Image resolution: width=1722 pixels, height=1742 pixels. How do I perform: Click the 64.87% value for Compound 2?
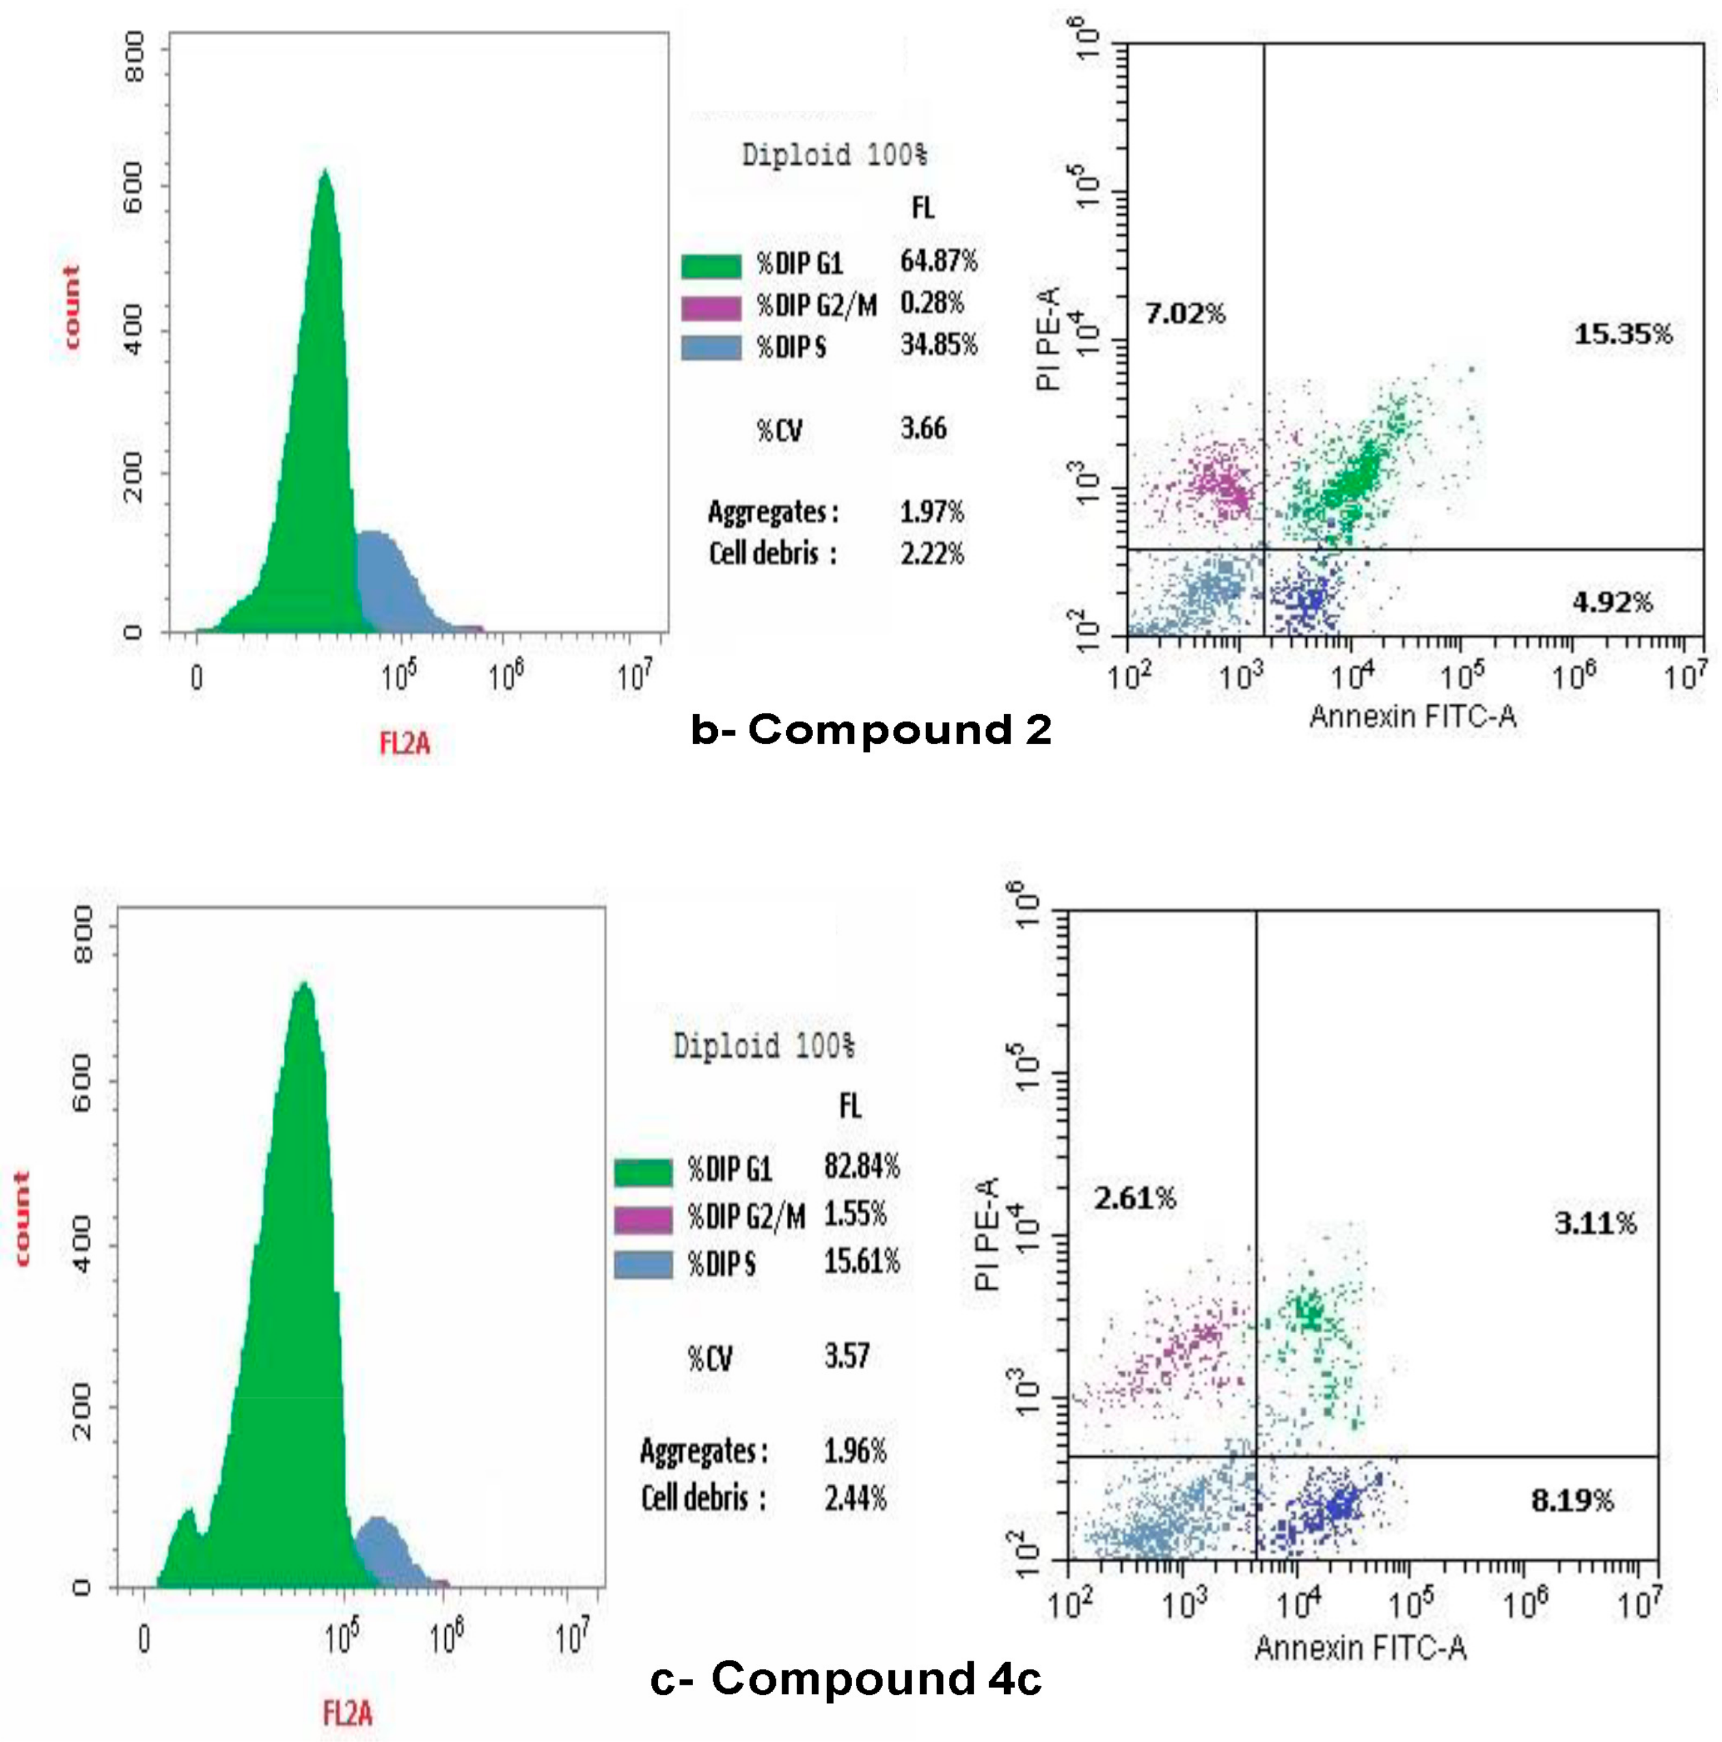click(938, 262)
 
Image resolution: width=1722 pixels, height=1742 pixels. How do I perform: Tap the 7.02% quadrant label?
click(1184, 314)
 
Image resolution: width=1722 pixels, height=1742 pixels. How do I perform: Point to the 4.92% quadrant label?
click(1612, 601)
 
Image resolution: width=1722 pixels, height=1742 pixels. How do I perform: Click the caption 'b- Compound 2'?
click(871, 730)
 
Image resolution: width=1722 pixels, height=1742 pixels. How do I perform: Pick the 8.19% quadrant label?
click(1572, 1500)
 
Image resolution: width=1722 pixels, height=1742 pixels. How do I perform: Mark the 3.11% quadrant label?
click(1594, 1224)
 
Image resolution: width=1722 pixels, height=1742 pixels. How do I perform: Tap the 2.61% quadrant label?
click(1134, 1198)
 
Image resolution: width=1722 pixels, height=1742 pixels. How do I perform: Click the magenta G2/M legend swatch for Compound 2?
click(711, 307)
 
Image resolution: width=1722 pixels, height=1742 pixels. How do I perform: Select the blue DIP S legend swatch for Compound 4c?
click(643, 1264)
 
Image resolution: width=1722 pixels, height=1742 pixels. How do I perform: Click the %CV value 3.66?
click(923, 428)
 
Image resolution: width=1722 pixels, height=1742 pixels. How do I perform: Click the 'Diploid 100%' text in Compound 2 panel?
click(834, 155)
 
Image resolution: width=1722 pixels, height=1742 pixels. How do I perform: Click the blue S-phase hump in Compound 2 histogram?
click(383, 577)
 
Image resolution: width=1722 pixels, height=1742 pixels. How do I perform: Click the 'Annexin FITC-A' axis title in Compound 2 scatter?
click(1412, 717)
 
